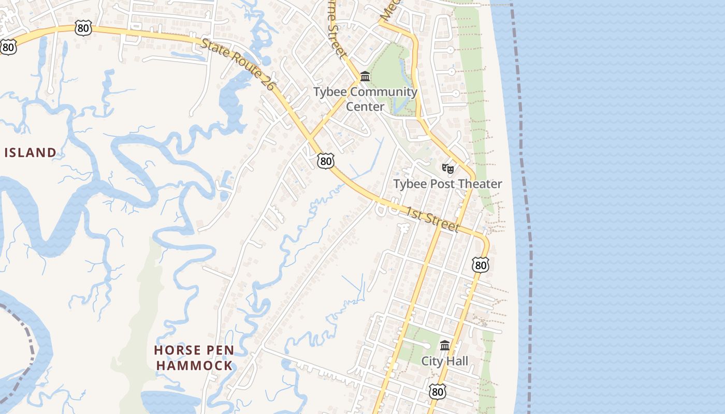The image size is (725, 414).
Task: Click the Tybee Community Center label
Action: tap(365, 99)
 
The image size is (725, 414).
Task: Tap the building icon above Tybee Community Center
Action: tap(365, 77)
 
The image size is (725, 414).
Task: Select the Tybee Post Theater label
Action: tap(447, 184)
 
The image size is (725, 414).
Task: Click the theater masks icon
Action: tap(448, 168)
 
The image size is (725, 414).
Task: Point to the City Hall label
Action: tap(444, 361)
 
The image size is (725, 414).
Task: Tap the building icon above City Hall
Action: tap(445, 345)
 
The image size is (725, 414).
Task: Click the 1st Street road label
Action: tap(432, 219)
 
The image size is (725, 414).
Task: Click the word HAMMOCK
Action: tap(194, 365)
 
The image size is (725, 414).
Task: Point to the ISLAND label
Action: tap(30, 153)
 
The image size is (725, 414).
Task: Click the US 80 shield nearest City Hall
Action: tap(438, 392)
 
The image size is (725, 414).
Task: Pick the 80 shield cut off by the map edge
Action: tap(8, 47)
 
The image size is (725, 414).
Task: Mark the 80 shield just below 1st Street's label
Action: tap(481, 265)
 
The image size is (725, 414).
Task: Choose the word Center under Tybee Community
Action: tap(365, 107)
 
